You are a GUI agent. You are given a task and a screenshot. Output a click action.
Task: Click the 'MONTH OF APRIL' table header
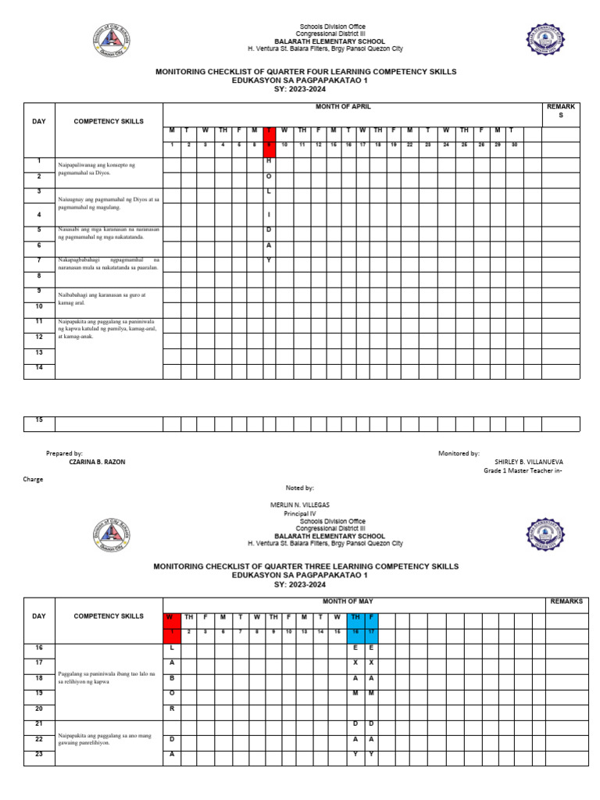pos(343,105)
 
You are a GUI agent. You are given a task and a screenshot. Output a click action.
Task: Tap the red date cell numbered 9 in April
pos(269,145)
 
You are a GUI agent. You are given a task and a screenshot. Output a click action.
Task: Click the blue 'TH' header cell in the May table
pos(355,617)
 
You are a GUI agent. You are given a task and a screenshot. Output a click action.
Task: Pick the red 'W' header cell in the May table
pos(171,617)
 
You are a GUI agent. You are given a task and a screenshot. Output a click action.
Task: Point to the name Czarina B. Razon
pos(97,462)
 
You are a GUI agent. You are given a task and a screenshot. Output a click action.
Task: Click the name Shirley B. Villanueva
pos(529,462)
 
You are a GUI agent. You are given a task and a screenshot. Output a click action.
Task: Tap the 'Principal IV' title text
pos(296,514)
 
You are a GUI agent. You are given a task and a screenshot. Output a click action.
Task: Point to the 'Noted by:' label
pos(300,487)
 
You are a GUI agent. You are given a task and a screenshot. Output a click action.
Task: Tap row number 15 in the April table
pos(38,421)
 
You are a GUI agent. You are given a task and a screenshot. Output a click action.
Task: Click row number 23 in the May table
pos(38,754)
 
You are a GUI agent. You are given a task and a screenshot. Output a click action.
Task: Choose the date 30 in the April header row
pos(515,145)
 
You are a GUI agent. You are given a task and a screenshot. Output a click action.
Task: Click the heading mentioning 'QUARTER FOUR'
pos(305,72)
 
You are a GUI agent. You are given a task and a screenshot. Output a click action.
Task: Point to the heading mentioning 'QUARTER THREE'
pos(305,566)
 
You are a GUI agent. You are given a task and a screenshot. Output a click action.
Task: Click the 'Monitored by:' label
pos(459,453)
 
